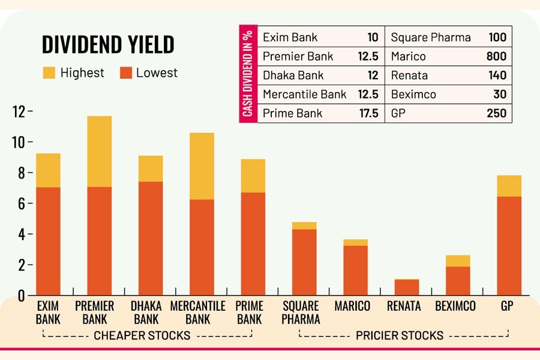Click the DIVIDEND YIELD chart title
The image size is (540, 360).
(108, 44)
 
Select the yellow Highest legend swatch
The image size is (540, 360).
(49, 73)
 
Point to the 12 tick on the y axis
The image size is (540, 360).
(18, 112)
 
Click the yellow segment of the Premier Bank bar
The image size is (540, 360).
(100, 151)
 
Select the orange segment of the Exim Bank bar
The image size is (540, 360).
(48, 241)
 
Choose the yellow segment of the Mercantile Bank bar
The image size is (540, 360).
(202, 166)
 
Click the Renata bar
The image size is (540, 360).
(407, 287)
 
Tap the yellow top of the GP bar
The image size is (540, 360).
(509, 186)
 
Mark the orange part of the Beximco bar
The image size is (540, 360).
(458, 281)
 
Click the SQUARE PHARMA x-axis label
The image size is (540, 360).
(301, 312)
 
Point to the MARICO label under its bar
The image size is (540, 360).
(352, 306)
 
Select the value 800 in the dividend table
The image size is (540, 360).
(496, 56)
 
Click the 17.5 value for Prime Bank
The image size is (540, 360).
(368, 113)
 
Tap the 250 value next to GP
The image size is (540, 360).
(496, 113)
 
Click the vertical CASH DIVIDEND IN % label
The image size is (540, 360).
(247, 75)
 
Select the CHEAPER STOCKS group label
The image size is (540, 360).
(142, 335)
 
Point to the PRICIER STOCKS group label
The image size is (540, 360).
(399, 335)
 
